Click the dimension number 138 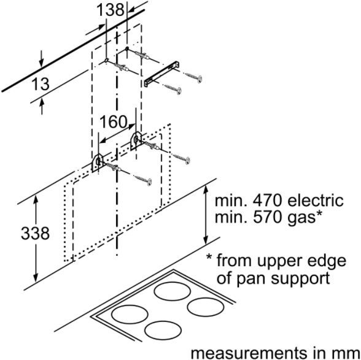111,10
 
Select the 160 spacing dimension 113,121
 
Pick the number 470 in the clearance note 255,201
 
